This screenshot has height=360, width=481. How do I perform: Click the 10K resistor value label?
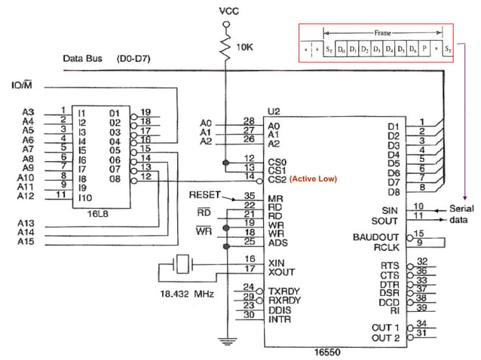(x=245, y=47)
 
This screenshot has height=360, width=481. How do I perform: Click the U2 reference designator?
(x=274, y=111)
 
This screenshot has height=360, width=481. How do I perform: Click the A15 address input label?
(x=28, y=242)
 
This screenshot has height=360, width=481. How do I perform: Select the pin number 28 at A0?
(x=248, y=121)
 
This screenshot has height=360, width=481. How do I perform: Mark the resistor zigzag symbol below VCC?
(x=225, y=49)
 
